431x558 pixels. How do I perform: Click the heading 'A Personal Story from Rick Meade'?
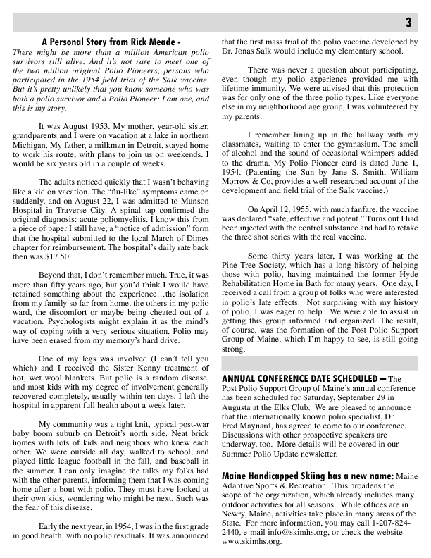tap(111, 43)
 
